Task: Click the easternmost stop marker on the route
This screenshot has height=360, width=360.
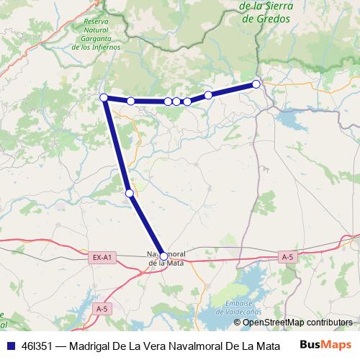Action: tap(256, 84)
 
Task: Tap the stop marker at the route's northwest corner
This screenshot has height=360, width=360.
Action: tap(104, 97)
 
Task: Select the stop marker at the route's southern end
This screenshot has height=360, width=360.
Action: tap(163, 256)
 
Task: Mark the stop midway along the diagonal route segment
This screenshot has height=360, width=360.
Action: tap(129, 193)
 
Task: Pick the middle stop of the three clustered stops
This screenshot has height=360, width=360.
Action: tap(176, 102)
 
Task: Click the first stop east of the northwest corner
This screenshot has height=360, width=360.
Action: tap(131, 101)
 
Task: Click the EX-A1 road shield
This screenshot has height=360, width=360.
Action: tap(103, 257)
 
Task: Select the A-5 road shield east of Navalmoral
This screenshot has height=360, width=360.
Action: tap(287, 257)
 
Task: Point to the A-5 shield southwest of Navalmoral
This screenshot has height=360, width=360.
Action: tap(103, 308)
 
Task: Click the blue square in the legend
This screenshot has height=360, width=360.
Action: tap(10, 346)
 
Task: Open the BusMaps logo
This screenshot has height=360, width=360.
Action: tap(325, 345)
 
